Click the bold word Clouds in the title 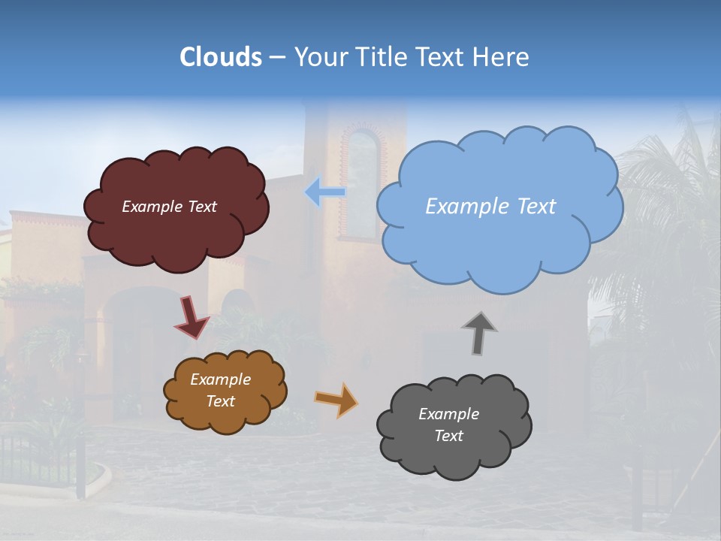pos(221,57)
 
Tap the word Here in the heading pos(504,57)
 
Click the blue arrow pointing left pos(324,192)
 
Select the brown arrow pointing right pos(337,399)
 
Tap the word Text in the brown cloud pos(221,401)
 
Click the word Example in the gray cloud pos(448,414)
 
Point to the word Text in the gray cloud pos(448,436)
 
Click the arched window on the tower pos(362,184)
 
